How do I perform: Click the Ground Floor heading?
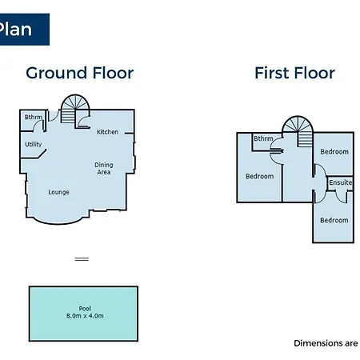click(x=79, y=73)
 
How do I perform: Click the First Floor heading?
click(x=294, y=73)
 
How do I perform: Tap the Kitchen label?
click(x=107, y=132)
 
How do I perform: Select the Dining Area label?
click(x=104, y=169)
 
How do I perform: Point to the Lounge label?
click(x=58, y=192)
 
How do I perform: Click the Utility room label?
click(x=34, y=144)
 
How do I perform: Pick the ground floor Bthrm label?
click(x=34, y=117)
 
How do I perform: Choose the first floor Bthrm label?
click(x=263, y=138)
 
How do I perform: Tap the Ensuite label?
click(x=341, y=182)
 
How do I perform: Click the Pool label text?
click(x=85, y=309)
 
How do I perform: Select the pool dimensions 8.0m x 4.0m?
click(x=85, y=316)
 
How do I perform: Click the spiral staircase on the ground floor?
click(x=75, y=109)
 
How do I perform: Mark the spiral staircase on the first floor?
click(x=298, y=130)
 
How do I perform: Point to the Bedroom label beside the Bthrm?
click(x=259, y=176)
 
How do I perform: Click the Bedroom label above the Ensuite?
click(x=334, y=152)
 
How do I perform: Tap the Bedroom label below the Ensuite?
click(x=334, y=220)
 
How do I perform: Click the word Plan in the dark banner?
click(x=15, y=29)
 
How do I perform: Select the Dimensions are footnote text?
click(x=326, y=343)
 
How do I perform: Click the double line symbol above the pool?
click(x=82, y=259)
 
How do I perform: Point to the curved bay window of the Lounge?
click(x=58, y=223)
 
